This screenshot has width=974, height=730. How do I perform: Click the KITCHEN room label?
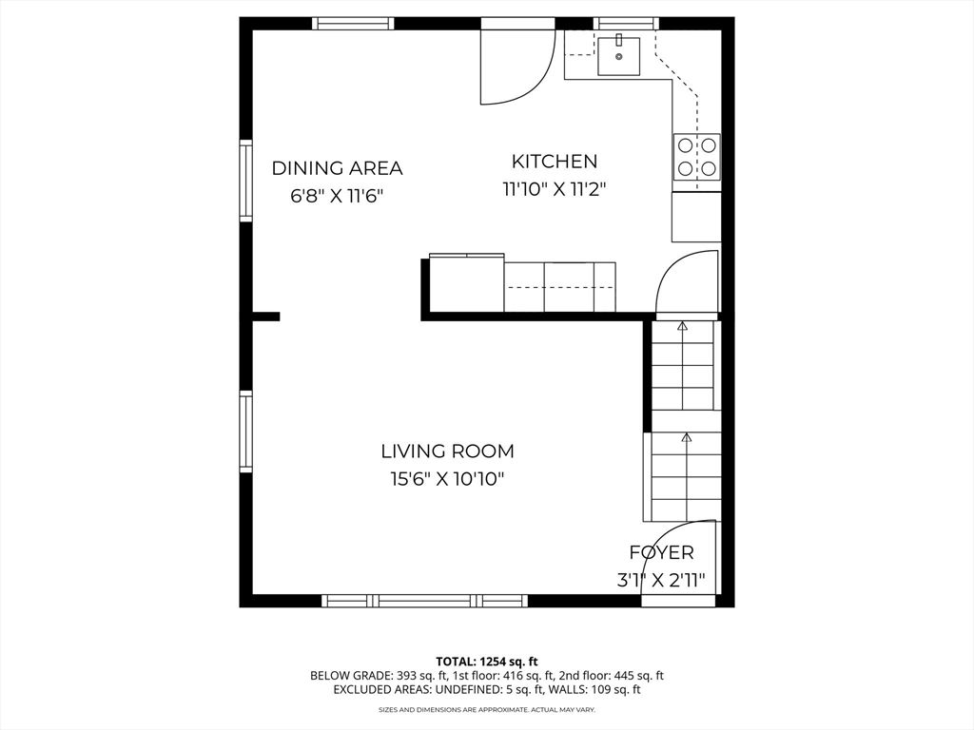555,162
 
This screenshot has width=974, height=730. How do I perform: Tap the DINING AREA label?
337,168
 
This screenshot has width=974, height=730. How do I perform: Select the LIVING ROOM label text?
447,451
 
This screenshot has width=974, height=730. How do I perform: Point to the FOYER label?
661,552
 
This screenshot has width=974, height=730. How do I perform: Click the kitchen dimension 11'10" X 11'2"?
555,189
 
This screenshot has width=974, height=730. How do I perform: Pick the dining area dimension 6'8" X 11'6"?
337,196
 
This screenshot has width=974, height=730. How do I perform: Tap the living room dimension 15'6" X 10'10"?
447,479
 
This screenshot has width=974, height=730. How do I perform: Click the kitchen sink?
619,55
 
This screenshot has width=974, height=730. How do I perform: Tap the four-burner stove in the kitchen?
696,157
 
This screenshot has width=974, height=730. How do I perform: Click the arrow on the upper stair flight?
682,327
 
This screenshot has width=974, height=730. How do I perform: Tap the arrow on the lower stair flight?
686,438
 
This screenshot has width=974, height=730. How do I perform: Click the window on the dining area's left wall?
245,181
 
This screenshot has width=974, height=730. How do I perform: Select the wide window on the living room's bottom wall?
424,601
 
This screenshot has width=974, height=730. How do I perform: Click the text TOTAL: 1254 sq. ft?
487,661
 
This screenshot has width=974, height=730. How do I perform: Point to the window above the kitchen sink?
625,23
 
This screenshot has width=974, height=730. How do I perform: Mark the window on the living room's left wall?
245,432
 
